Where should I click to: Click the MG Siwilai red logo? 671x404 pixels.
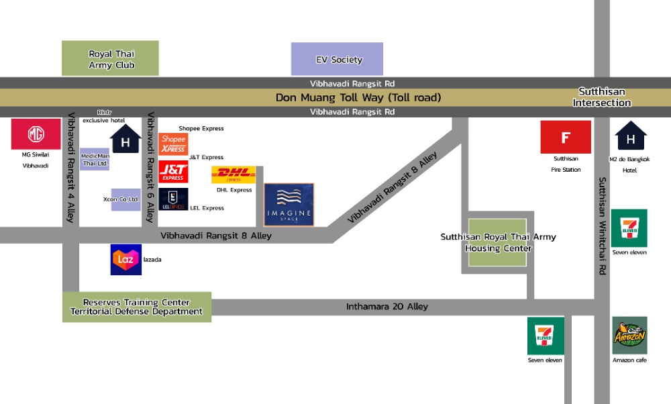tap(36, 134)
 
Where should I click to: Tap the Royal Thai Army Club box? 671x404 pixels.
tap(110, 58)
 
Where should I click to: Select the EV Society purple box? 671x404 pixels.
tap(337, 59)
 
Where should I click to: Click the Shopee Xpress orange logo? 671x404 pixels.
tap(173, 144)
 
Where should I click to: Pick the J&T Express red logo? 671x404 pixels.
tap(173, 172)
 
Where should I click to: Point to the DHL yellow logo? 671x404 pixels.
tap(234, 175)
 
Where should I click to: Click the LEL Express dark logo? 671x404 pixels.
tap(173, 200)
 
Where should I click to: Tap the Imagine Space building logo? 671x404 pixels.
tap(289, 205)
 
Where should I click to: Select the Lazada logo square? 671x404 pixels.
tap(125, 260)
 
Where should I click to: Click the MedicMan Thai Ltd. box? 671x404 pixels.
tap(94, 159)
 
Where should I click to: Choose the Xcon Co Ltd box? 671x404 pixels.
tap(125, 199)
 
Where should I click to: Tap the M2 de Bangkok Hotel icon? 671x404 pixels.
tap(631, 136)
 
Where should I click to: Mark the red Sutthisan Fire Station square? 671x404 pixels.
tap(566, 137)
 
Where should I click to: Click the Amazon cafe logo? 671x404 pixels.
tap(629, 336)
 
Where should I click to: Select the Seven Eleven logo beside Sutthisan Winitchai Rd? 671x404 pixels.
tap(629, 228)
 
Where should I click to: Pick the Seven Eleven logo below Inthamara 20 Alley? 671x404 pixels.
tap(546, 336)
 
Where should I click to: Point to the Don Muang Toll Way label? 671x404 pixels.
tap(358, 98)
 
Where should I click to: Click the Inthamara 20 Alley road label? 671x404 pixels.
tap(386, 307)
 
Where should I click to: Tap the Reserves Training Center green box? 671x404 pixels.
tap(137, 307)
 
